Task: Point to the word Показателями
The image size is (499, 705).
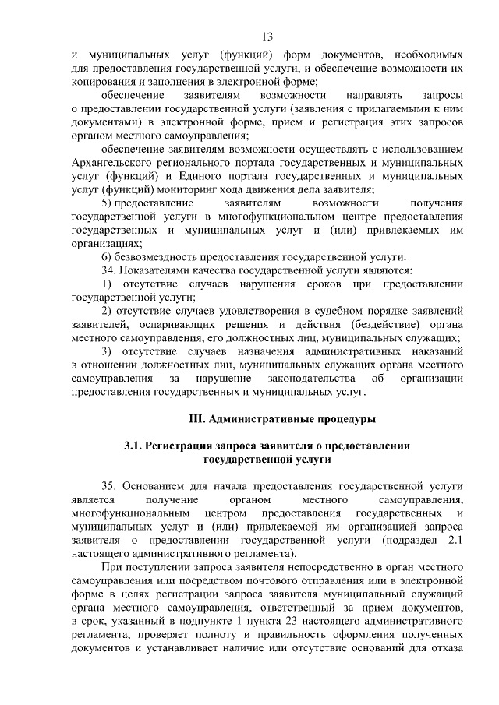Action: coord(155,270)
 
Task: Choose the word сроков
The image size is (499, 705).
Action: coord(316,284)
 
